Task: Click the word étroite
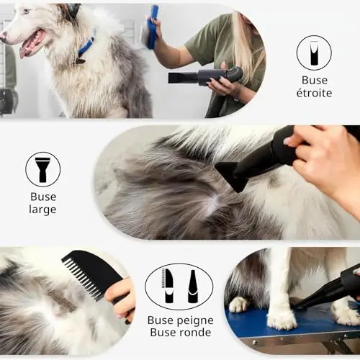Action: click(x=314, y=93)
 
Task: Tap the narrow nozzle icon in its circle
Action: click(x=314, y=53)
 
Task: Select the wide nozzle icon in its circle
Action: click(x=42, y=169)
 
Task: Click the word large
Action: click(x=42, y=210)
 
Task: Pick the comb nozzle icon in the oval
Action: click(x=168, y=286)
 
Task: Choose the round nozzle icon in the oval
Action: click(x=194, y=287)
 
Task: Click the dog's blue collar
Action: click(x=86, y=48)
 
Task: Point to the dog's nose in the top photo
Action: click(x=4, y=35)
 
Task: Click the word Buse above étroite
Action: click(x=315, y=81)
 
